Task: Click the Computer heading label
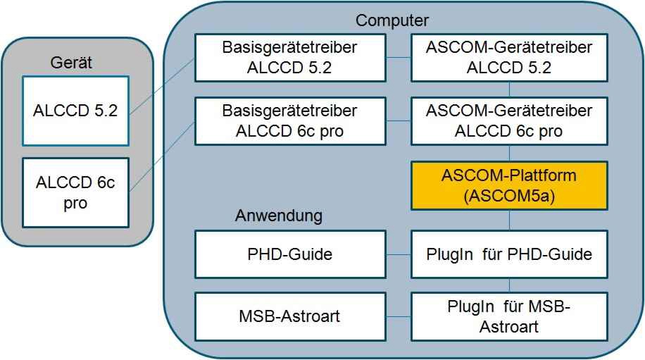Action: tap(392, 20)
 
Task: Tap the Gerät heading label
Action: tap(71, 63)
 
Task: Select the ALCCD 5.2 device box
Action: tap(75, 111)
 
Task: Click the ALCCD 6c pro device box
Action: tap(75, 192)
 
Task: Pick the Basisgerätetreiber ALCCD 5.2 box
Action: tap(290, 58)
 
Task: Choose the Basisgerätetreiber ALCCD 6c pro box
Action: tap(290, 121)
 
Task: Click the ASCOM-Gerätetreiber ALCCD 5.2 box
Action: tap(509, 58)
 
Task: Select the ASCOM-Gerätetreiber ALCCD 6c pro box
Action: tap(509, 121)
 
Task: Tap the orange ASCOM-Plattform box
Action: tap(509, 185)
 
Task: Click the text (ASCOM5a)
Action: tap(509, 196)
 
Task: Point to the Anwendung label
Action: tap(279, 216)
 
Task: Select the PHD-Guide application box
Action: tap(290, 254)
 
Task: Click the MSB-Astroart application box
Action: tap(290, 316)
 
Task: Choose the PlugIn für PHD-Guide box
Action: tap(509, 254)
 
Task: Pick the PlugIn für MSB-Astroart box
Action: tap(509, 316)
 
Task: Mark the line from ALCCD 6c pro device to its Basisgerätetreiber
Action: tap(162, 156)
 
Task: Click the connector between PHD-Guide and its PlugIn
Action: tap(399, 254)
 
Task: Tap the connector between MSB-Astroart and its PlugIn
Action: tap(399, 316)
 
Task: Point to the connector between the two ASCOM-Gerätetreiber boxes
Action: tap(509, 89)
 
